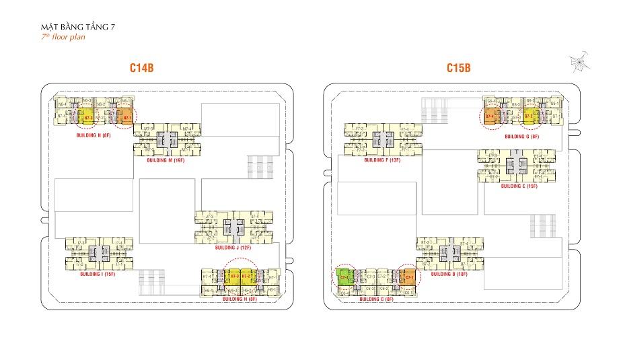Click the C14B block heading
[143, 68]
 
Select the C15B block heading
[458, 68]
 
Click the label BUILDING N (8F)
[96, 135]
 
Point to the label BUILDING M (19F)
[170, 161]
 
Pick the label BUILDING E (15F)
[519, 185]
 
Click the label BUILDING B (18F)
[448, 274]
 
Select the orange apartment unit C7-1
[408, 277]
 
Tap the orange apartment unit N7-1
[125, 118]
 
